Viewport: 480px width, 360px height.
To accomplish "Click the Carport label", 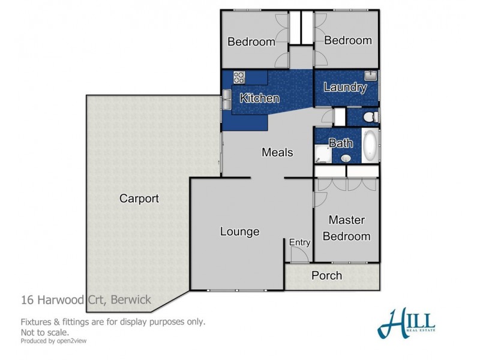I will (139, 199).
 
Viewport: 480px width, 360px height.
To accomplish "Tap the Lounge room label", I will (239, 232).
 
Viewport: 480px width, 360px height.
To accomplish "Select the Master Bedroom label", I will (346, 228).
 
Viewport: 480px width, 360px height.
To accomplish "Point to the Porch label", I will (327, 275).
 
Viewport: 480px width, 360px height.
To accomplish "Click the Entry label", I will (300, 242).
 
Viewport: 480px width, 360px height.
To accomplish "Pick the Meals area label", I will (277, 152).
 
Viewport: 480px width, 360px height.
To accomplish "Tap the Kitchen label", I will (259, 98).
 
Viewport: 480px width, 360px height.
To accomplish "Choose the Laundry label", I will (344, 87).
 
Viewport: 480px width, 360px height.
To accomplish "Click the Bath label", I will (340, 143).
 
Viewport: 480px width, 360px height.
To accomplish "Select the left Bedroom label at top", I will (251, 41).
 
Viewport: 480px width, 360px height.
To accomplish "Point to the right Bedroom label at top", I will (347, 40).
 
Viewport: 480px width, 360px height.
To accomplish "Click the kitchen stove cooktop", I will (239, 77).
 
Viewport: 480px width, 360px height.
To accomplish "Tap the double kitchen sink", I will (227, 99).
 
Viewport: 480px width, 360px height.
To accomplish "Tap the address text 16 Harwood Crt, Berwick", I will (86, 299).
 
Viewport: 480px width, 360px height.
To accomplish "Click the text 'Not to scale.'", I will (45, 331).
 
